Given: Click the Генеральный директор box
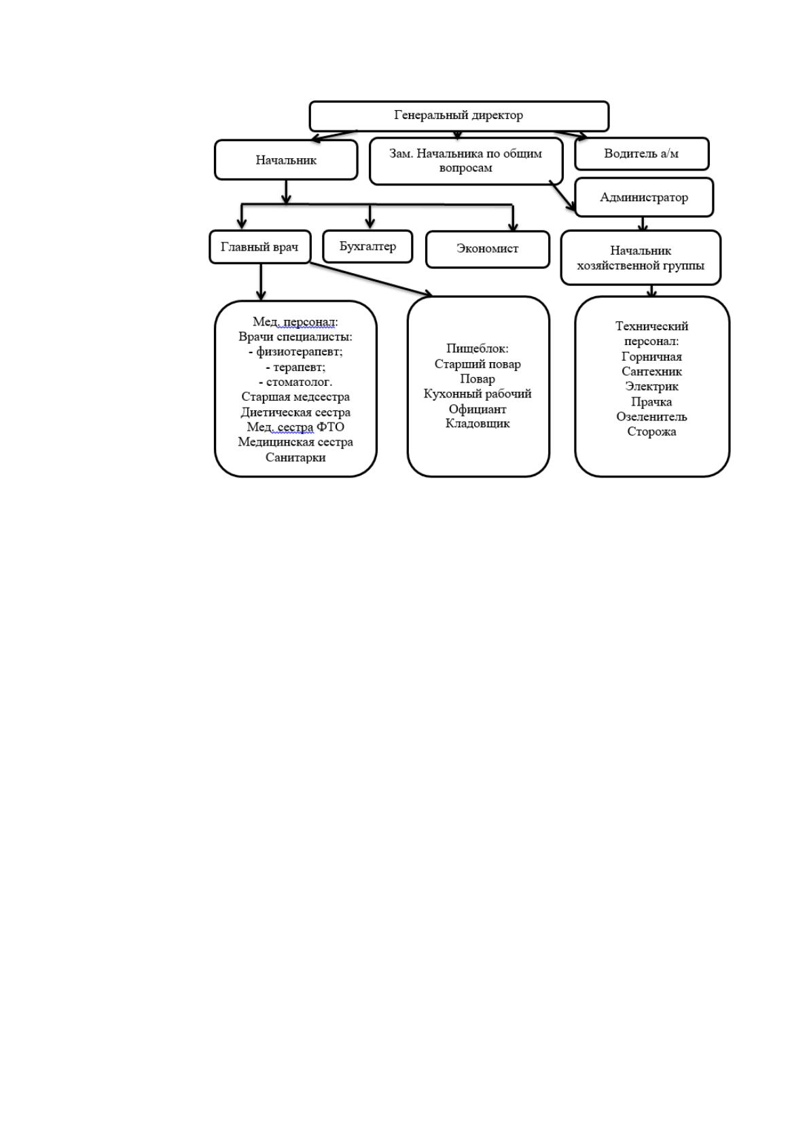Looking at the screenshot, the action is [x=459, y=116].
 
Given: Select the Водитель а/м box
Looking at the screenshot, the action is [x=641, y=154].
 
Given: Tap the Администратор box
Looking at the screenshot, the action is [x=644, y=197].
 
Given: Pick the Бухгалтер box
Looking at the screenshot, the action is [x=367, y=246].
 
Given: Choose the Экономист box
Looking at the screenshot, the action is [x=487, y=249].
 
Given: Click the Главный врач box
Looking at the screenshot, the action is [x=260, y=247].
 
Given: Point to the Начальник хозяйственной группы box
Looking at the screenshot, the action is [x=641, y=257].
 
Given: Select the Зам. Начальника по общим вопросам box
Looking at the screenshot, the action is [x=466, y=161].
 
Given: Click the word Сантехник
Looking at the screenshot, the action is [x=651, y=372].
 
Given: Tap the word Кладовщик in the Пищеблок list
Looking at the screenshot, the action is [x=478, y=423].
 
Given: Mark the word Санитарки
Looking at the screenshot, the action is [x=295, y=457].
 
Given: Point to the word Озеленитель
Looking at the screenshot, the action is [x=651, y=416].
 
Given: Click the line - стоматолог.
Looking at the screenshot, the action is [x=295, y=382].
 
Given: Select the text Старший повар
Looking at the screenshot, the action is [x=478, y=364].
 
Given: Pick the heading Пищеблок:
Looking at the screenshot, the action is [x=478, y=348].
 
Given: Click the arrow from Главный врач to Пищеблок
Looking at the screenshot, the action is [x=372, y=279].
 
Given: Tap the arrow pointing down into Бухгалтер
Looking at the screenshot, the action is [x=370, y=217].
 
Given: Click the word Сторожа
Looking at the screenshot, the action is [x=651, y=431].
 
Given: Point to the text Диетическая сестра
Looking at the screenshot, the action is [x=295, y=412].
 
